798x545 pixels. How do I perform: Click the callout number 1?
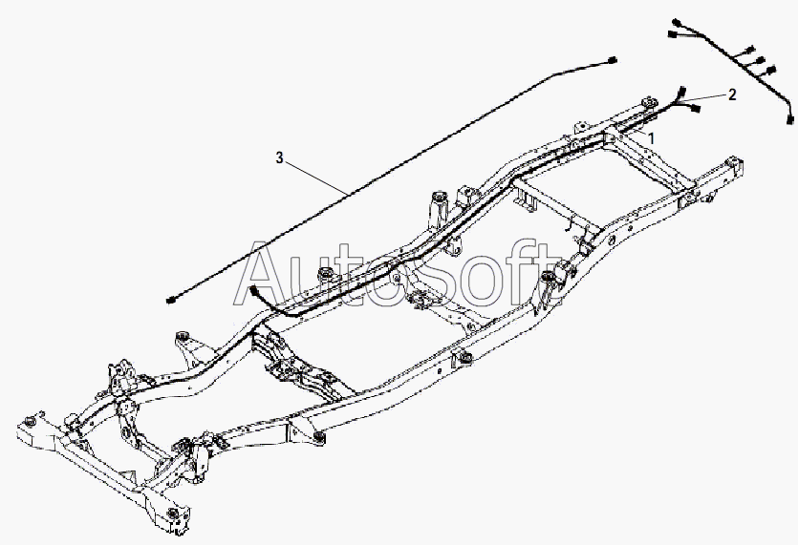(x=652, y=137)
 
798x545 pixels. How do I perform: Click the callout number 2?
(x=732, y=94)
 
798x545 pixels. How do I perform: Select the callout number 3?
(x=279, y=157)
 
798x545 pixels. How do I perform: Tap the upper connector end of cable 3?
(x=613, y=60)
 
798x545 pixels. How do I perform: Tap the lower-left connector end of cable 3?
(x=170, y=301)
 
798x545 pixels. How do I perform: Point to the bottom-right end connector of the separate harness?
(x=790, y=119)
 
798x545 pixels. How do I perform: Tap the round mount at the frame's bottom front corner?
(x=172, y=516)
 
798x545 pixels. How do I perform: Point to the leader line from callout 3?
(x=315, y=178)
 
